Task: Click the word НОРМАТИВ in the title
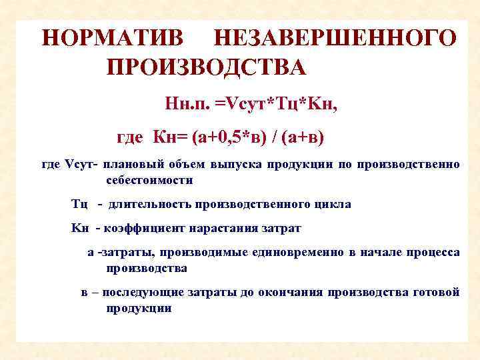[111, 37]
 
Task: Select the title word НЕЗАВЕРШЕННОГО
[334, 37]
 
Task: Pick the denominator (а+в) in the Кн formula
[303, 138]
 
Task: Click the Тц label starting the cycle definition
[79, 204]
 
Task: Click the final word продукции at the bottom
[139, 308]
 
